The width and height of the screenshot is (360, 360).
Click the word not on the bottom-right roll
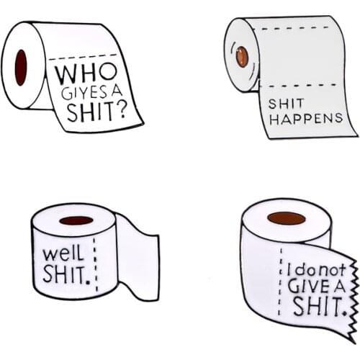[333, 270]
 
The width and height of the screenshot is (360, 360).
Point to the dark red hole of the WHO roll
[21, 67]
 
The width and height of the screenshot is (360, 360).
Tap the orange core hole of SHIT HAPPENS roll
[243, 56]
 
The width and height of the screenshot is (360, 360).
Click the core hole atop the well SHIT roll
[76, 220]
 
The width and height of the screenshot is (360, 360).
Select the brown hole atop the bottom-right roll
[286, 218]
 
